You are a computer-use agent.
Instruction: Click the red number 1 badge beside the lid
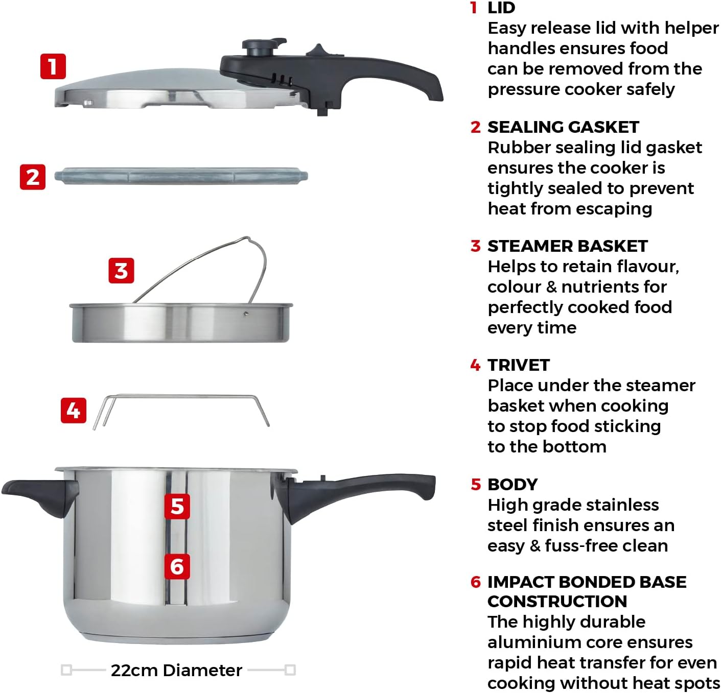[53, 66]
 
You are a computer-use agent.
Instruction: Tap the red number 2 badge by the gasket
[33, 177]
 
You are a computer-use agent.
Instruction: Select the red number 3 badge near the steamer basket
[121, 271]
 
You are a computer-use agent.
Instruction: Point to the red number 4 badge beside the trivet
[74, 410]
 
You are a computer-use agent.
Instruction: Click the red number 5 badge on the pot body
[177, 506]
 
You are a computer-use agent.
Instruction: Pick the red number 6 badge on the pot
[177, 566]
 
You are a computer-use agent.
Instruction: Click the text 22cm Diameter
[176, 670]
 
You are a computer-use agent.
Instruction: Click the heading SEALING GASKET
[563, 127]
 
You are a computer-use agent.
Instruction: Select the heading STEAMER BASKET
[568, 246]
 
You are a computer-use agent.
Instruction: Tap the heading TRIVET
[519, 365]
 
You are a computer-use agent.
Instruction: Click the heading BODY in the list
[513, 485]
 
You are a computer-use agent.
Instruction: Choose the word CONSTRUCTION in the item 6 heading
[557, 602]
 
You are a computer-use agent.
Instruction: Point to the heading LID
[501, 8]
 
